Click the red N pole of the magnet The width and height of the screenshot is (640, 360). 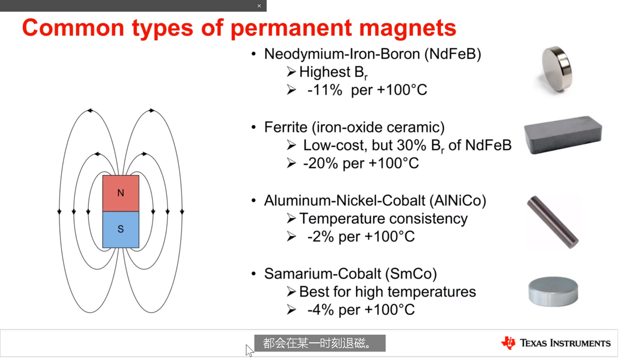pyautogui.click(x=121, y=193)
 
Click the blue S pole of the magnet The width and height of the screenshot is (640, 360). pyautogui.click(x=121, y=230)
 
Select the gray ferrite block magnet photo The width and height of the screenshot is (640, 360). pyautogui.click(x=563, y=135)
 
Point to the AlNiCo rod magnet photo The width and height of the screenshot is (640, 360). pyautogui.click(x=552, y=222)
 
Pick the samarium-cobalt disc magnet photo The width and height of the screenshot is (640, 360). pyautogui.click(x=553, y=291)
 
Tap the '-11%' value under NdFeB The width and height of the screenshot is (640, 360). pyautogui.click(x=325, y=90)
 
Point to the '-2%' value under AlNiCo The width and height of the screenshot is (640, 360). pyautogui.click(x=320, y=237)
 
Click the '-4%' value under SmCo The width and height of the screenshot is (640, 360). pyautogui.click(x=320, y=310)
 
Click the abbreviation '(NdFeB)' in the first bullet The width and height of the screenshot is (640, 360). pyautogui.click(x=453, y=54)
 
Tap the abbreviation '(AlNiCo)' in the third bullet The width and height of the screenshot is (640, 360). pyautogui.click(x=458, y=201)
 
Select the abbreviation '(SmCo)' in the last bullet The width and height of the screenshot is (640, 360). pyautogui.click(x=411, y=274)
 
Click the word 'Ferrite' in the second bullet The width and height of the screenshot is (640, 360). pyautogui.click(x=286, y=127)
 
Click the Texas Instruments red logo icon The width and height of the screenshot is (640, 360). pyautogui.click(x=508, y=343)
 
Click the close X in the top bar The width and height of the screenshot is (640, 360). pyautogui.click(x=259, y=6)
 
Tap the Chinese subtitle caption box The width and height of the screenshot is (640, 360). pyautogui.click(x=320, y=343)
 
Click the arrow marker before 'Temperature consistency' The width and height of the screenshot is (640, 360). pyautogui.click(x=291, y=219)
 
